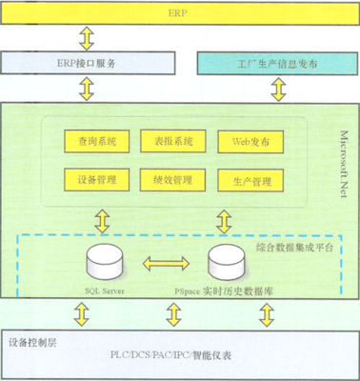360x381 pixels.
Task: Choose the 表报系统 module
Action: pyautogui.click(x=172, y=140)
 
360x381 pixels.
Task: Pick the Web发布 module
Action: pyautogui.click(x=250, y=140)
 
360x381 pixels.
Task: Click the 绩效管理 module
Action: pyautogui.click(x=172, y=178)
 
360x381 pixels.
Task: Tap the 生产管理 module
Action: pyautogui.click(x=250, y=178)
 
